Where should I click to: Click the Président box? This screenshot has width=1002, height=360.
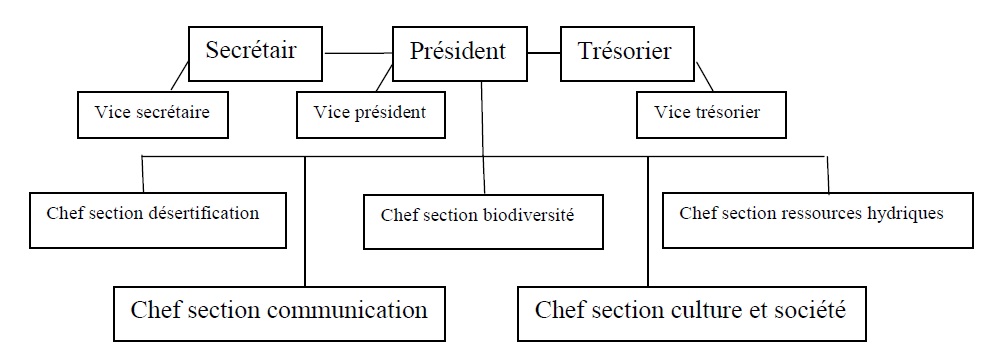point(459,54)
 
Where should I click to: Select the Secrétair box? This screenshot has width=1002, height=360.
point(255,54)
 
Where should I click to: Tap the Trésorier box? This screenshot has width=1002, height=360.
point(626,54)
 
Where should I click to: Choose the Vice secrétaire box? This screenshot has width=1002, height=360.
point(153,114)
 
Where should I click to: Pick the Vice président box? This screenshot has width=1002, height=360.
point(371,114)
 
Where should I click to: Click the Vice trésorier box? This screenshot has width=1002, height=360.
point(711,114)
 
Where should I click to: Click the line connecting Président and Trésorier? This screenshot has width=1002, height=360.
point(544,53)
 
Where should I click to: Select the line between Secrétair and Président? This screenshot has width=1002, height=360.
point(357,53)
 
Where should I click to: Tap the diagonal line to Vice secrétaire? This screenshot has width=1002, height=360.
point(180,76)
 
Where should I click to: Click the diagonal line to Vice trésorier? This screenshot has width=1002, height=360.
point(705,77)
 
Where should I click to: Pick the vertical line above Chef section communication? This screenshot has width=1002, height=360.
point(305,221)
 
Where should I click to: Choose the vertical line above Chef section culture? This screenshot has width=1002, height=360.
point(648,221)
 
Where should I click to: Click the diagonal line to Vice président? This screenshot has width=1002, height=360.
point(383,77)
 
